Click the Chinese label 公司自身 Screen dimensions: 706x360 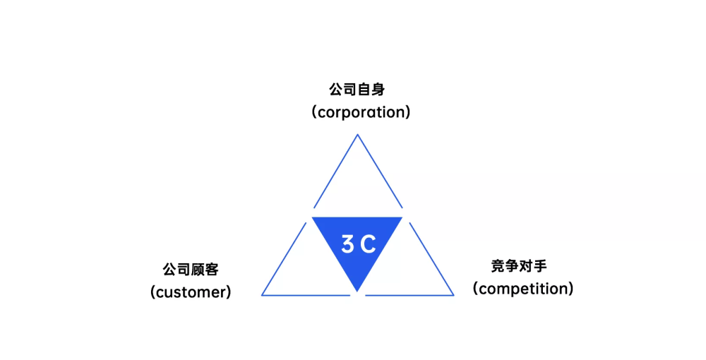point(357,90)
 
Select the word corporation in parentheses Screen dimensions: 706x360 point(361,112)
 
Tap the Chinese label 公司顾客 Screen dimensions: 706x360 point(191,270)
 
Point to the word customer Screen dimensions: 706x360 point(191,292)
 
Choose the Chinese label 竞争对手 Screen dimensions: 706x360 point(519,266)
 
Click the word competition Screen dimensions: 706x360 point(523,289)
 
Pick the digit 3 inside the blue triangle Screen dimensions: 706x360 point(348,244)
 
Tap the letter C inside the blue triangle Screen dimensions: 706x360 point(369,244)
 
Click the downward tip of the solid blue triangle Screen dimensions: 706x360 point(357,292)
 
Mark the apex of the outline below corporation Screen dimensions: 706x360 point(357,134)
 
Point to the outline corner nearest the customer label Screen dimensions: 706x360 point(262,295)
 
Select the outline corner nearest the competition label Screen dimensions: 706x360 point(453,295)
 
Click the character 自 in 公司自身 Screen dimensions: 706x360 point(364,90)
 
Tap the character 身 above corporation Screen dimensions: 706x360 point(378,90)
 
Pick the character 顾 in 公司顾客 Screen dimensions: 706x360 point(198,270)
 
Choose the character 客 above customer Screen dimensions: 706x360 point(213,270)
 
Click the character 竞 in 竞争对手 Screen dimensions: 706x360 point(498,266)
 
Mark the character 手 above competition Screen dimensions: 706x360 point(540,266)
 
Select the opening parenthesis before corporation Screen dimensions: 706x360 point(314,112)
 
